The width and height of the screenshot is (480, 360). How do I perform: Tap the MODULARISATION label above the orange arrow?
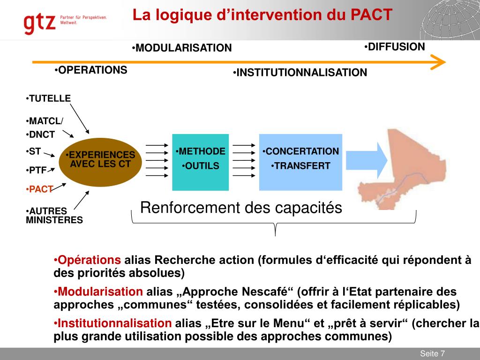tap(182, 48)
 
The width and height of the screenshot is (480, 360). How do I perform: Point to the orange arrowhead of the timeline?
tap(438, 62)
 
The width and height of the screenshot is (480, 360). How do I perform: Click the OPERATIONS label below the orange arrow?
tap(90, 70)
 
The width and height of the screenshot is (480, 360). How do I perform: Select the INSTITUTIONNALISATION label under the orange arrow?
tap(300, 73)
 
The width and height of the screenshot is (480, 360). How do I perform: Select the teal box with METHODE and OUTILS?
tap(200, 162)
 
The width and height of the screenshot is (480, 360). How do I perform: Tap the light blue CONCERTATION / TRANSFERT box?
tap(300, 162)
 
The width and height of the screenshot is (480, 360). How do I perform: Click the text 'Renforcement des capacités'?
tap(241, 208)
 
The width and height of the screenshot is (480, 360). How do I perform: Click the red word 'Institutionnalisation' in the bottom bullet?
tap(114, 323)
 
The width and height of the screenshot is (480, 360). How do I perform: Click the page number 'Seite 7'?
tap(432, 353)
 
